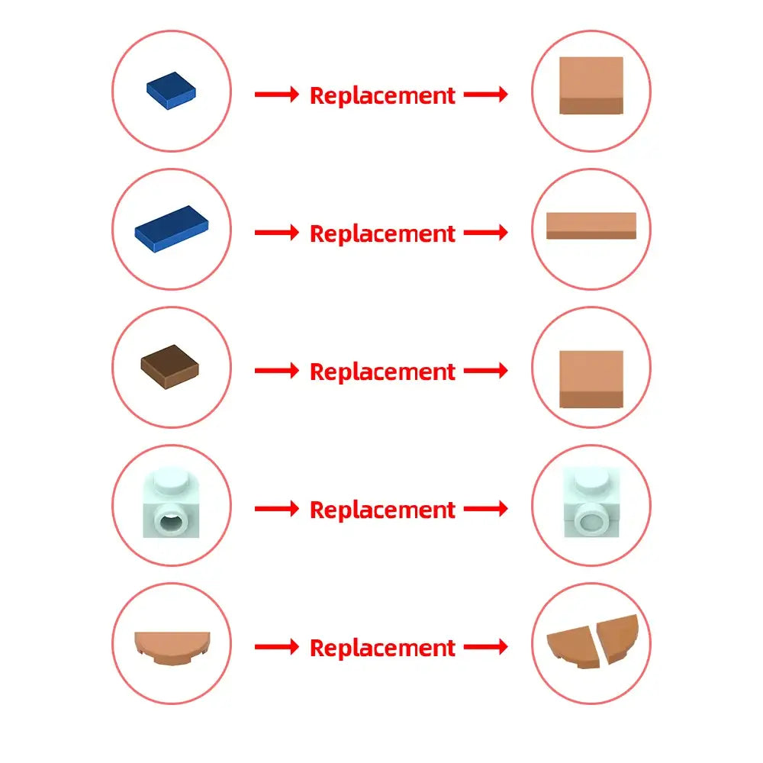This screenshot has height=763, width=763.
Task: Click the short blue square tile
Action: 171,91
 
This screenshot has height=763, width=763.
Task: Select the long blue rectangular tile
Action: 171,229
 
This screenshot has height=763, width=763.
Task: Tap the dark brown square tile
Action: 170,367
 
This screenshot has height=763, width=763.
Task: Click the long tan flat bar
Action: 591,226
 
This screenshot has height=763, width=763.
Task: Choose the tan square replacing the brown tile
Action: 591,379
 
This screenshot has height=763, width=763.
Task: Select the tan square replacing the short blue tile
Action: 591,85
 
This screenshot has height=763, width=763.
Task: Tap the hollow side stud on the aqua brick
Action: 171,521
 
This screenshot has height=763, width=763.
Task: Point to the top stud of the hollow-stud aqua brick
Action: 171,481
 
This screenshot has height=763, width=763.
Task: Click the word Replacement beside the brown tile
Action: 382,372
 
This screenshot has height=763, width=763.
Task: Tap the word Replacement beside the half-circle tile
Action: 382,648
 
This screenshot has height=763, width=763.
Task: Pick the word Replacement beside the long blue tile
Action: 382,233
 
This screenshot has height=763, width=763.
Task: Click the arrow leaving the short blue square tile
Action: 277,94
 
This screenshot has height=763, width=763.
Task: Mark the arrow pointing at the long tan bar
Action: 485,232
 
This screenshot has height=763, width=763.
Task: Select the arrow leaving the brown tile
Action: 277,370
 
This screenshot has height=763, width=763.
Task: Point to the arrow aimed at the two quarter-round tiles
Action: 485,647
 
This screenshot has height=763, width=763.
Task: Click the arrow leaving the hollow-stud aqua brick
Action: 277,508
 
